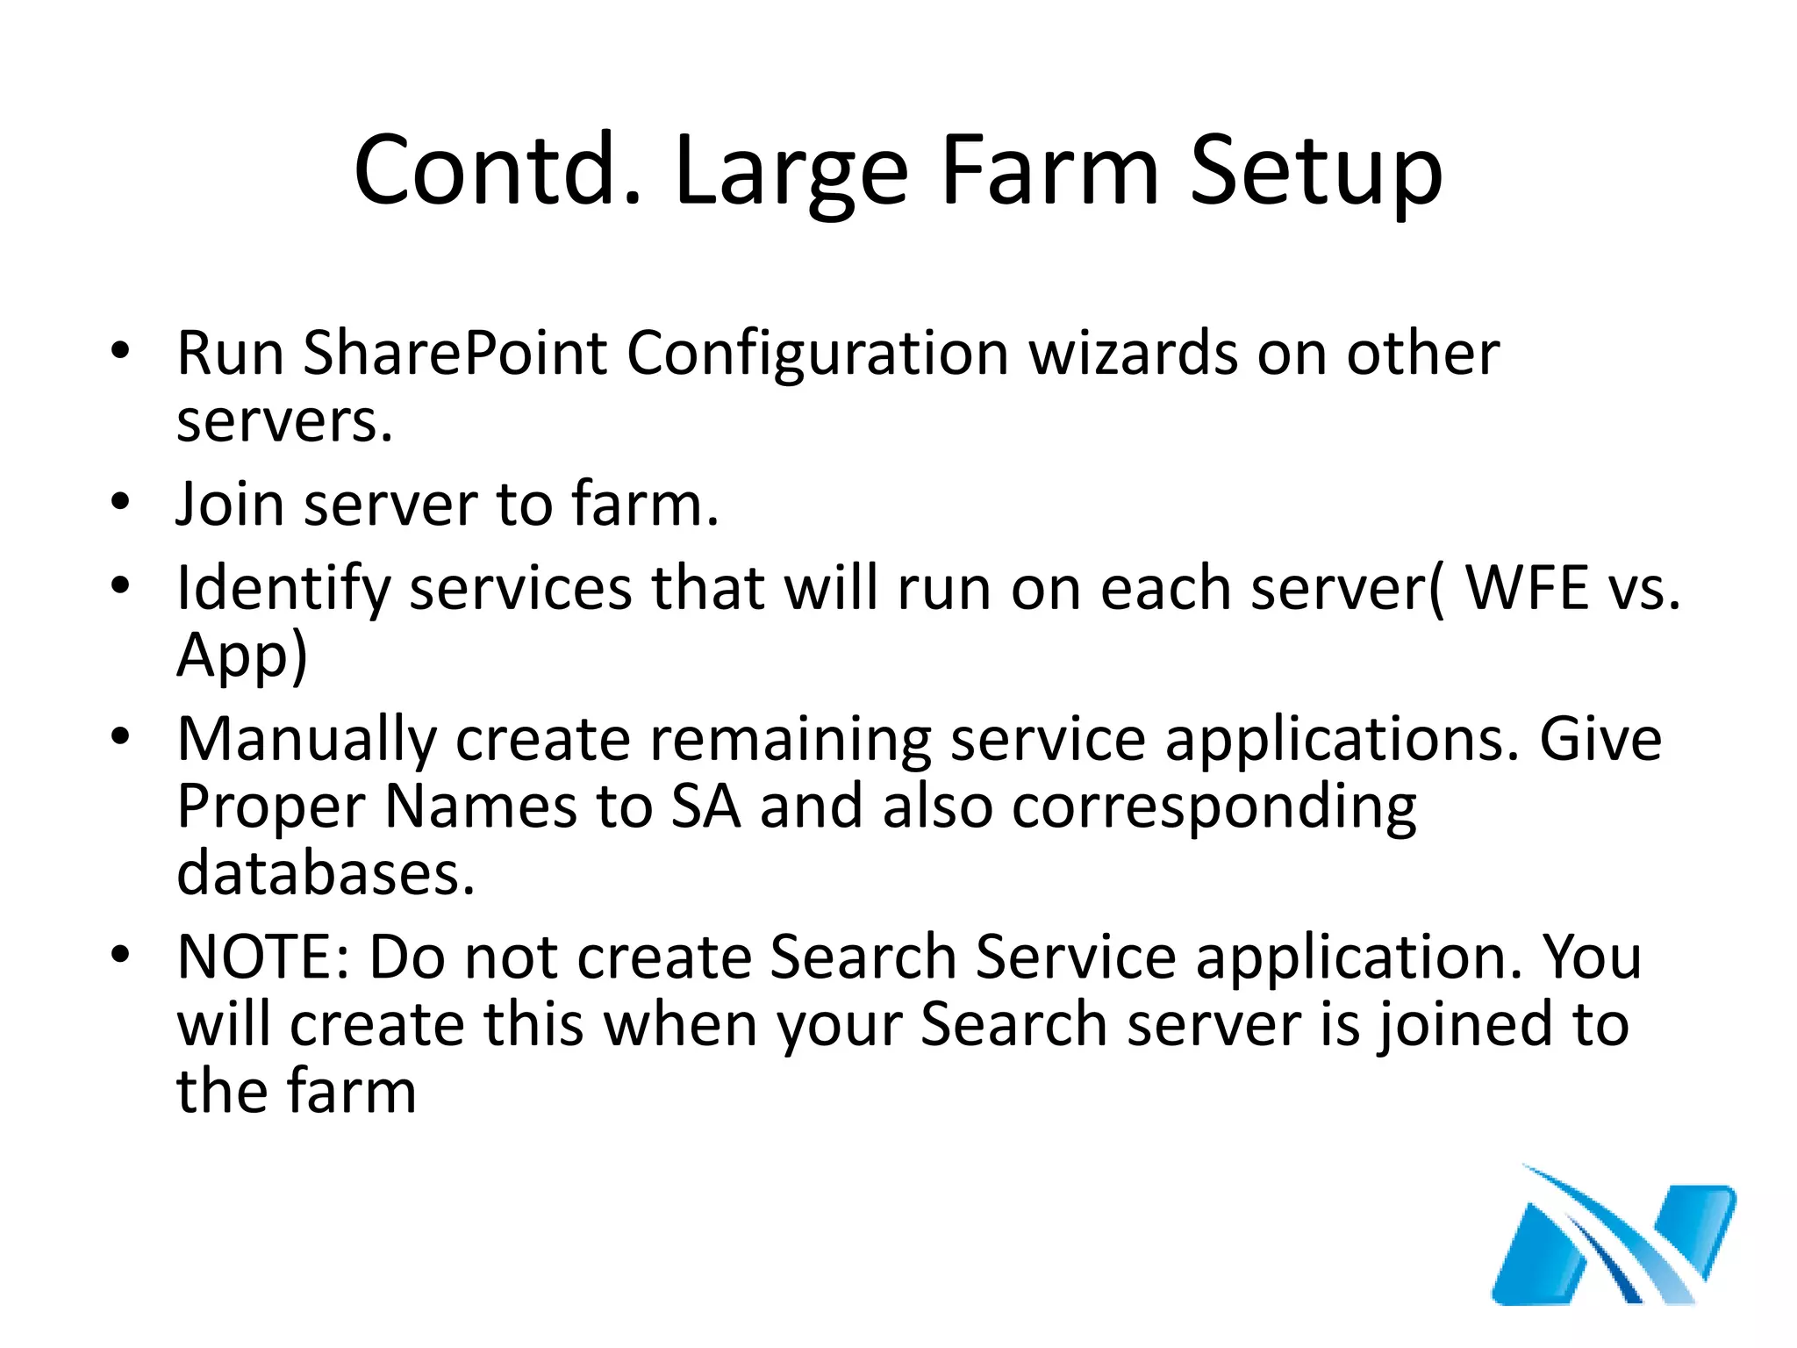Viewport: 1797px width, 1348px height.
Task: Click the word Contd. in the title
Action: click(498, 171)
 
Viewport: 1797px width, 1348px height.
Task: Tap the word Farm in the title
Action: click(1049, 171)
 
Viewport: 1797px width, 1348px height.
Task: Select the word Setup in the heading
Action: click(1315, 171)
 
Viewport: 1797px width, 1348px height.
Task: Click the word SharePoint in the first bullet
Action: click(455, 353)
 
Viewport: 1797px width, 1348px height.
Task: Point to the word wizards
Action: click(1132, 353)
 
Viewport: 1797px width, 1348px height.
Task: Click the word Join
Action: click(229, 505)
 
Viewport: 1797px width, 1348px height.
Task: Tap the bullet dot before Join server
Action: click(120, 502)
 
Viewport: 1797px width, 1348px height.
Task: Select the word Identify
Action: click(283, 588)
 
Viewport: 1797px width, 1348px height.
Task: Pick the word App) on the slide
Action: click(242, 655)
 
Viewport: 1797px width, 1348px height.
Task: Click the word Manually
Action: click(306, 739)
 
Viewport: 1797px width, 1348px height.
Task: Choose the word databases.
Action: click(326, 873)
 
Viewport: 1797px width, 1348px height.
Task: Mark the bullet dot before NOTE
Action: click(120, 954)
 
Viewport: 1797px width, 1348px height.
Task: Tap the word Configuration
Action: click(817, 353)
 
